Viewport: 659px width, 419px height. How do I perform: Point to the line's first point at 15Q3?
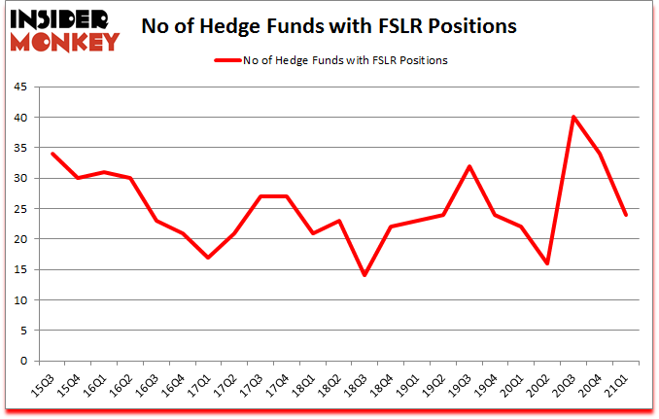click(x=52, y=154)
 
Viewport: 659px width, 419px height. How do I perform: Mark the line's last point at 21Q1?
click(x=626, y=215)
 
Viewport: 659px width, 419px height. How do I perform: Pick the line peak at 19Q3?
click(x=468, y=166)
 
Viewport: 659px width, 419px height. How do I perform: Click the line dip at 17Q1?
click(x=209, y=258)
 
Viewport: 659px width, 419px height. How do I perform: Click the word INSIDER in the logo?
click(x=60, y=17)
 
